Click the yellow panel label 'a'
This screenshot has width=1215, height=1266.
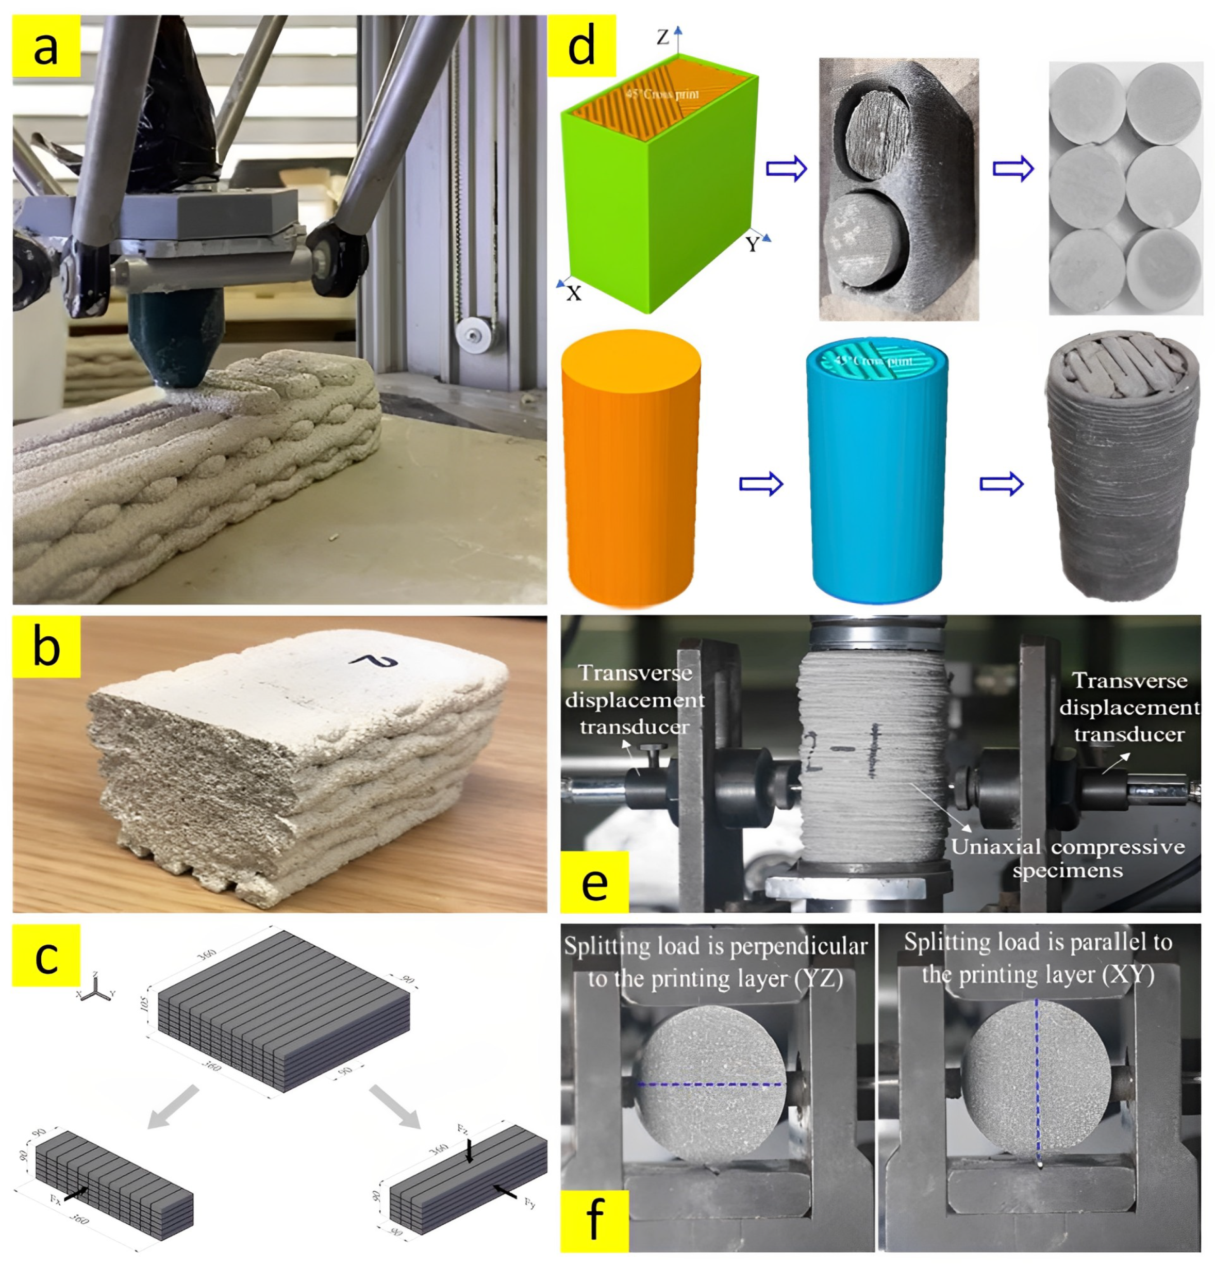(x=46, y=46)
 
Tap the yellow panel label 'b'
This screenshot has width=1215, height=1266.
(x=46, y=646)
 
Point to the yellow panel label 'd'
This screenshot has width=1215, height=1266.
(x=580, y=46)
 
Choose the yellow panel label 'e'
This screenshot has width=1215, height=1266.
(x=594, y=882)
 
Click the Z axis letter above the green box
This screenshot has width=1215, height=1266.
(x=663, y=38)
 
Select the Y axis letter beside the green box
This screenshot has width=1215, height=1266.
(x=752, y=244)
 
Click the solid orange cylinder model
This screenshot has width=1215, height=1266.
(x=631, y=468)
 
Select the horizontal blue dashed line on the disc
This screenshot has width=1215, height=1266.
(x=711, y=1084)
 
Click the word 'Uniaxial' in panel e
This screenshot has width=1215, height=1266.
(x=995, y=847)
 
